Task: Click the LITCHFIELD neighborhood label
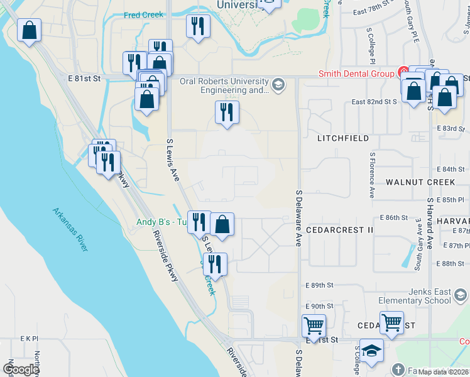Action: [343, 138]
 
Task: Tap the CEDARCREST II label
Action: [340, 230]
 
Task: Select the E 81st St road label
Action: [84, 79]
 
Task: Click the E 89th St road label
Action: [319, 285]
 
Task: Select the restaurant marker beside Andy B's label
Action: [199, 222]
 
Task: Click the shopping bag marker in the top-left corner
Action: [29, 30]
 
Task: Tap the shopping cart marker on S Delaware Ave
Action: [314, 326]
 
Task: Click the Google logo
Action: [21, 369]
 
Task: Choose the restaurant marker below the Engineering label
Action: [227, 112]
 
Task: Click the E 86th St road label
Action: [394, 217]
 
